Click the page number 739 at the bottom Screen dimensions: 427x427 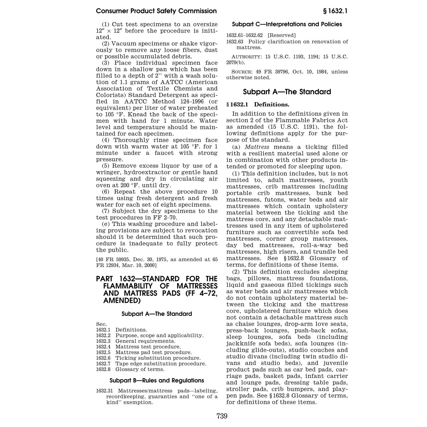click(222, 416)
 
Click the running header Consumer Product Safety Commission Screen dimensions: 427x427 click(156, 11)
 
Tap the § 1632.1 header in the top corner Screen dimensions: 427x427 click(335, 11)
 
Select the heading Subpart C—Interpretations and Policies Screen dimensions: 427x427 click(287, 24)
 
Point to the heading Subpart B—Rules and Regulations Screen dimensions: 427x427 click(157, 380)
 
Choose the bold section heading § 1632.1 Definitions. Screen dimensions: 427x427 click(258, 104)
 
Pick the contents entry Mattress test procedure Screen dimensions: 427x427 click(148, 347)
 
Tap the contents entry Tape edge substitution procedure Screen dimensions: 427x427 click(161, 364)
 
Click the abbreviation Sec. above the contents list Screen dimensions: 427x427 click(101, 324)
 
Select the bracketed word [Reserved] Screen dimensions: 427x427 click(282, 35)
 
